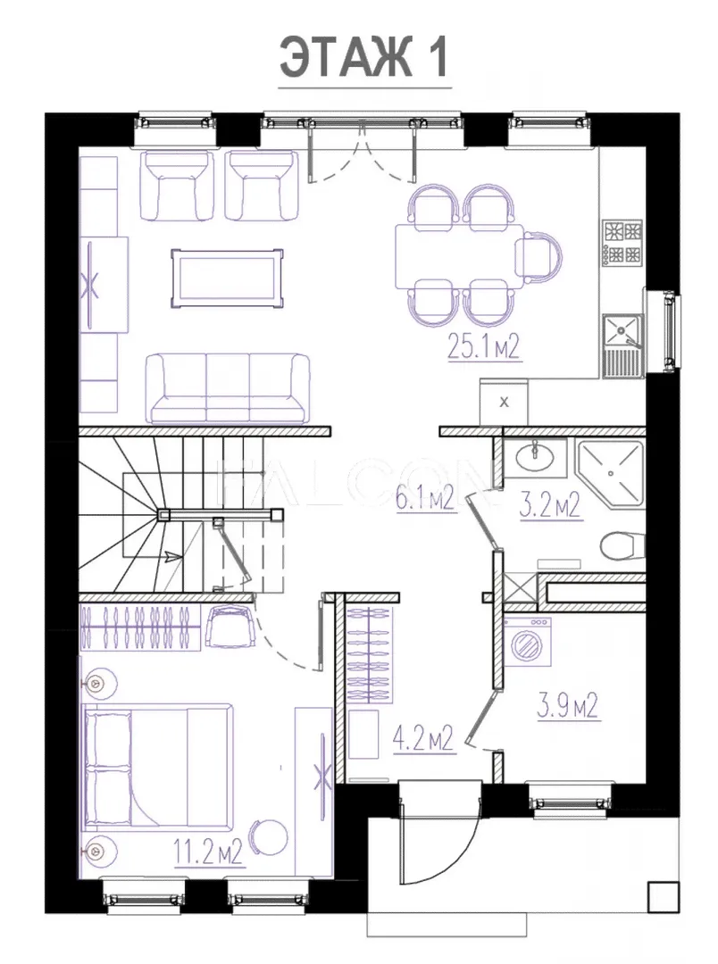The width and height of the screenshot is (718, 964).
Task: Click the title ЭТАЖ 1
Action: (x=364, y=57)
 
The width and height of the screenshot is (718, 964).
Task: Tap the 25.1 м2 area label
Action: (x=484, y=347)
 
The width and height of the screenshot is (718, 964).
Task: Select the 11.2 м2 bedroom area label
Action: (x=208, y=852)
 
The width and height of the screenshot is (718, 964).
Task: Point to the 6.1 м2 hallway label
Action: (x=424, y=498)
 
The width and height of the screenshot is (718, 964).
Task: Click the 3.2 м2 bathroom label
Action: (x=551, y=507)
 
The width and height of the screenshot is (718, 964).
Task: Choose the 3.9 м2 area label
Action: (x=567, y=706)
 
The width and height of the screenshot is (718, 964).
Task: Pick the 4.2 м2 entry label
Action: (x=423, y=738)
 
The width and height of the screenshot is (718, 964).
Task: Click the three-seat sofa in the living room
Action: (x=228, y=388)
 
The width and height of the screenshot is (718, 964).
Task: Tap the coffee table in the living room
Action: (x=228, y=278)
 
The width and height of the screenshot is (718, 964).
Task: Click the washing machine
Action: (x=528, y=643)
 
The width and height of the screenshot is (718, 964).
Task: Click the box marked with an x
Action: (x=504, y=403)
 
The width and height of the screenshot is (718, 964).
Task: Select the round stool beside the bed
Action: (x=268, y=837)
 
